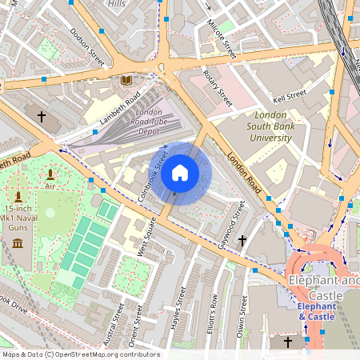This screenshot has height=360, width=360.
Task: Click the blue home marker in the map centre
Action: pos(180,173)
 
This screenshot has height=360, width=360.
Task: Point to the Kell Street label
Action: pos(290,96)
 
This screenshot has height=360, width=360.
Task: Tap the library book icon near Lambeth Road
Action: pos(126,80)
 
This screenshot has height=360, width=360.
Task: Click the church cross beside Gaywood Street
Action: pos(242,239)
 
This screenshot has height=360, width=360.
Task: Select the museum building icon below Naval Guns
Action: pos(18,242)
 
